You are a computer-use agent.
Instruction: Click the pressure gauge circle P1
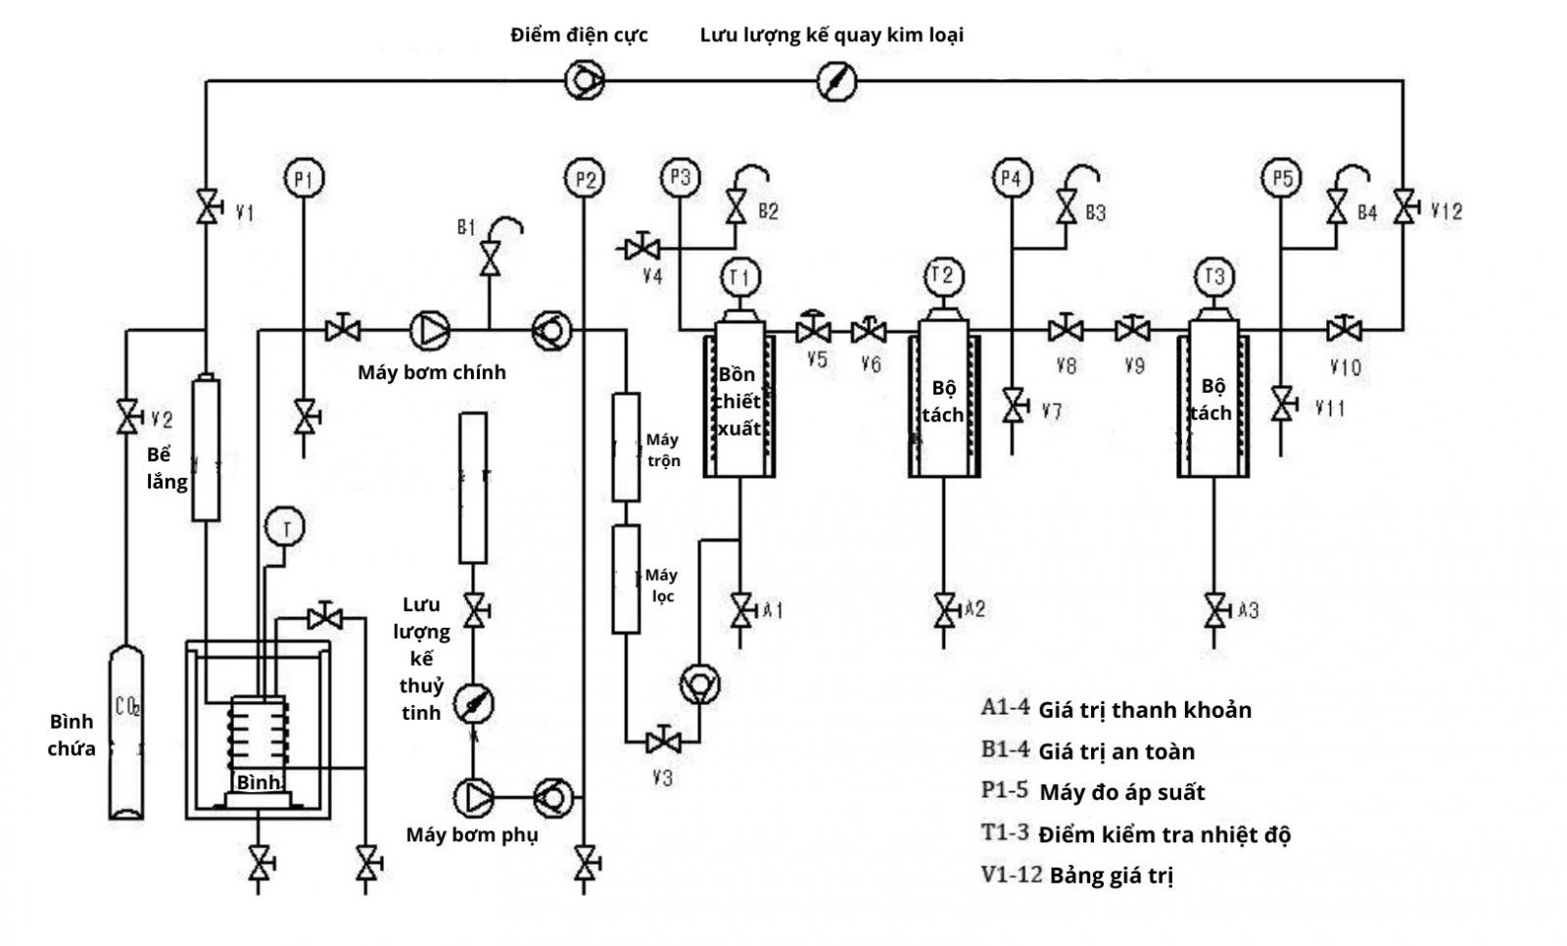pos(304,179)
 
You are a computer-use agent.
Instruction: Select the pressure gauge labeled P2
pos(584,179)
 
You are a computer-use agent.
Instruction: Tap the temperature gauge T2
pos(942,276)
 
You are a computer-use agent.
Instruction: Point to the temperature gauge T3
pos(1213,276)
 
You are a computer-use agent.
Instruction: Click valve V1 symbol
pos(208,207)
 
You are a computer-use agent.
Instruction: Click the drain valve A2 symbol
pos(944,610)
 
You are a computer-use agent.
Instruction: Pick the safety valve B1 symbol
pos(490,259)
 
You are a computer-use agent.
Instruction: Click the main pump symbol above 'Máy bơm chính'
pos(429,330)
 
